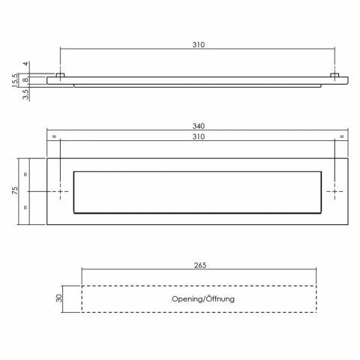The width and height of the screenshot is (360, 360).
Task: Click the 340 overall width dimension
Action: tap(199, 126)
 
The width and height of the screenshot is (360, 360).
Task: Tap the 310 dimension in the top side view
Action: tap(199, 45)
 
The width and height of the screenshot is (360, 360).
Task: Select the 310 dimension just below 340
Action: tap(199, 136)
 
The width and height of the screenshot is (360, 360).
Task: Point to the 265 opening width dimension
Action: tap(200, 265)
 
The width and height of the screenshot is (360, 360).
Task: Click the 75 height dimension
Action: tap(15, 190)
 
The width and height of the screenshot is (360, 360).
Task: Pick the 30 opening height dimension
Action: tap(59, 298)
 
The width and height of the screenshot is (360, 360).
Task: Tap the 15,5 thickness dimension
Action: tap(15, 80)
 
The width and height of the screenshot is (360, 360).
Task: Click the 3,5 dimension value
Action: tap(25, 94)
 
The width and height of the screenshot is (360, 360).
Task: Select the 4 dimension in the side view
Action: tap(25, 64)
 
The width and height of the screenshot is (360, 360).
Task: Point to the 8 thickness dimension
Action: tap(25, 80)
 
